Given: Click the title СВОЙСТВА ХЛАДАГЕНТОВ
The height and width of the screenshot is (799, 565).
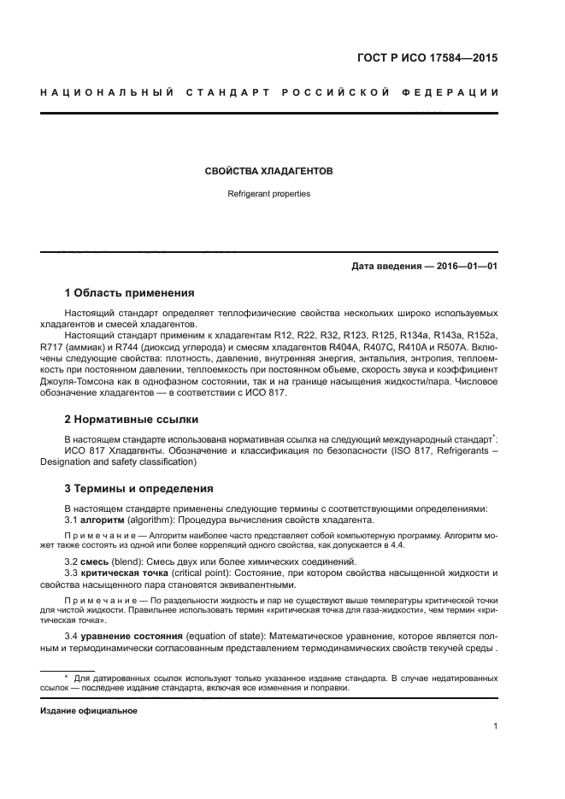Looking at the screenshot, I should pos(268,171).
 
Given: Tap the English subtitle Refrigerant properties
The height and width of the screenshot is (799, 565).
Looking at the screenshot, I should pos(268,194).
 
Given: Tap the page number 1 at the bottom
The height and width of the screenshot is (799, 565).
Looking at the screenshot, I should pos(496,726).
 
